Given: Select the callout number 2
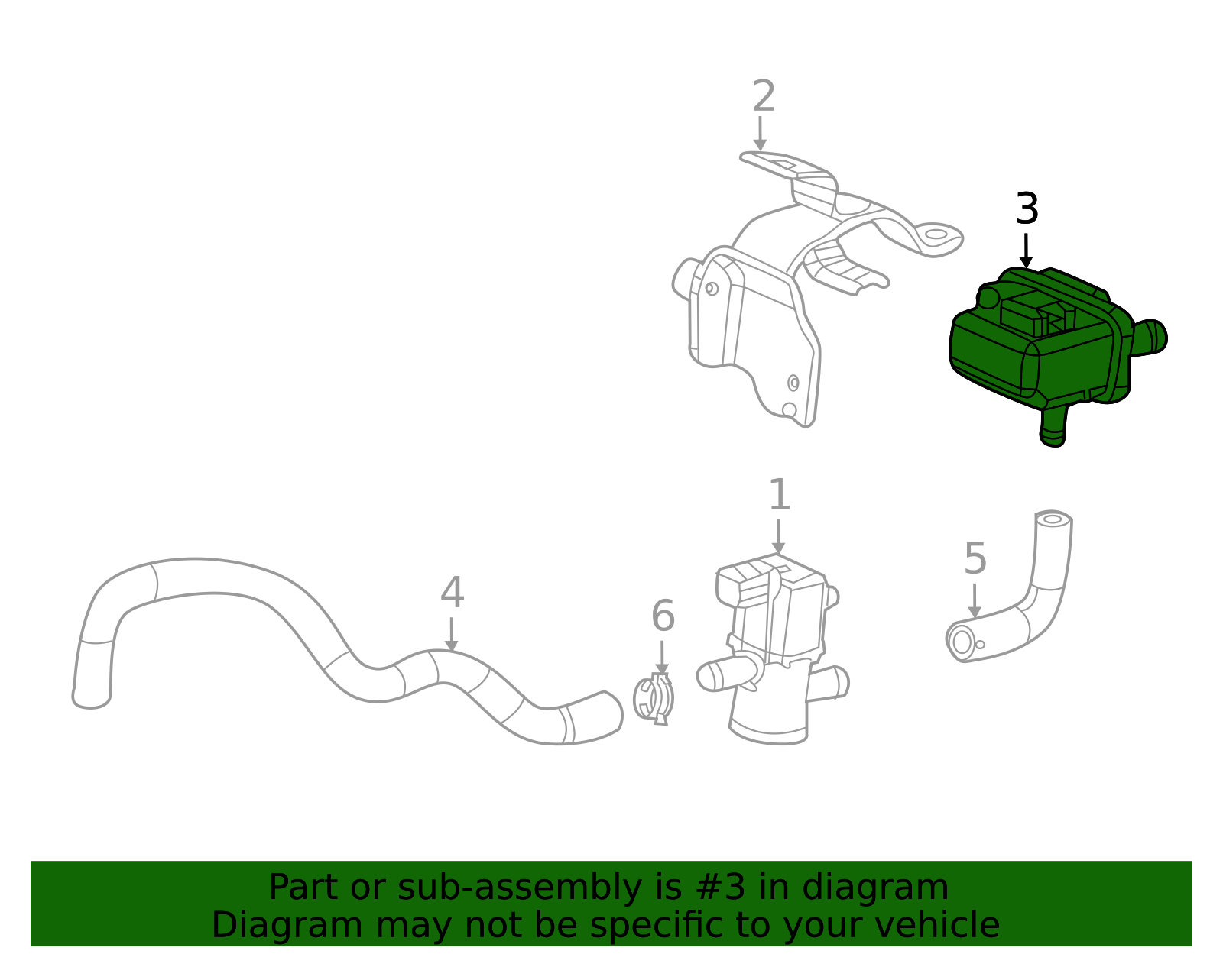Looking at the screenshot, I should click(764, 97).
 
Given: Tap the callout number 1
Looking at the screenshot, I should click(778, 496).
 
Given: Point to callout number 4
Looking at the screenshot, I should click(452, 593).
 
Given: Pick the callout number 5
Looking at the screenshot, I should click(975, 559).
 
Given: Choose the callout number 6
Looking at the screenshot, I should click(663, 616).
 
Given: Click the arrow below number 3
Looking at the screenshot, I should click(1026, 251).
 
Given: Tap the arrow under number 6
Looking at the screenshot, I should click(662, 658).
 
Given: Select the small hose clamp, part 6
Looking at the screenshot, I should click(655, 699).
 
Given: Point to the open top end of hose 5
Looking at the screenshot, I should click(1053, 519).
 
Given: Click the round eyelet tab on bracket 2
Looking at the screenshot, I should click(936, 234).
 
